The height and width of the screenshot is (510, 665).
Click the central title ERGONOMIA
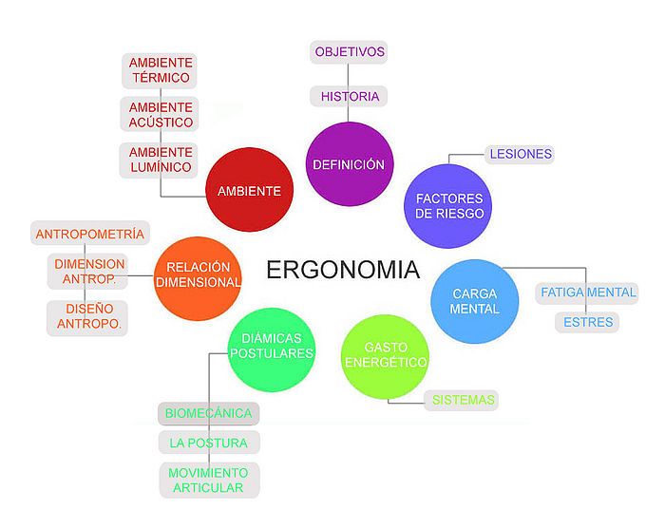343,270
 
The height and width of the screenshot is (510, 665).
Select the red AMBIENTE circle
249,190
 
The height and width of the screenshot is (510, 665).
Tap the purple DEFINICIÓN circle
350,164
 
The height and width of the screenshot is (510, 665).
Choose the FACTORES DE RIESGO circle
449,206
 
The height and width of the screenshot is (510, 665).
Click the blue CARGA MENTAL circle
475,301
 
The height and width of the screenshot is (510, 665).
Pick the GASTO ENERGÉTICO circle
385,356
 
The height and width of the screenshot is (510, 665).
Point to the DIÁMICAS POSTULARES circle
272,349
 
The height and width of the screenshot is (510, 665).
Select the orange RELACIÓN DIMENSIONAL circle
198,278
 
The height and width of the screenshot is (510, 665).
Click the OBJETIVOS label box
349,52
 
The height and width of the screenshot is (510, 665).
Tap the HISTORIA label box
349,96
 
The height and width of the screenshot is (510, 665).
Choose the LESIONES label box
520,154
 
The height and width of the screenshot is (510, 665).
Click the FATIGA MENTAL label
587,293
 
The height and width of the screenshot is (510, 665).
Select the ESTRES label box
587,322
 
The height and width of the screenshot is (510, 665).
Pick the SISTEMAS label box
462,400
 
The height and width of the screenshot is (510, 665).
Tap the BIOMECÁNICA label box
209,413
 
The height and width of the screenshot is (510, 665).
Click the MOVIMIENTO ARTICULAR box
210,481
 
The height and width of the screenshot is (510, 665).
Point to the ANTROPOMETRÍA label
90,234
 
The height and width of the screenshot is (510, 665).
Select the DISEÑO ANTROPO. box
87,318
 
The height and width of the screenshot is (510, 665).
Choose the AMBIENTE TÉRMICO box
160,70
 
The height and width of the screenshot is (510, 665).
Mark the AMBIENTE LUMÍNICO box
160,161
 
